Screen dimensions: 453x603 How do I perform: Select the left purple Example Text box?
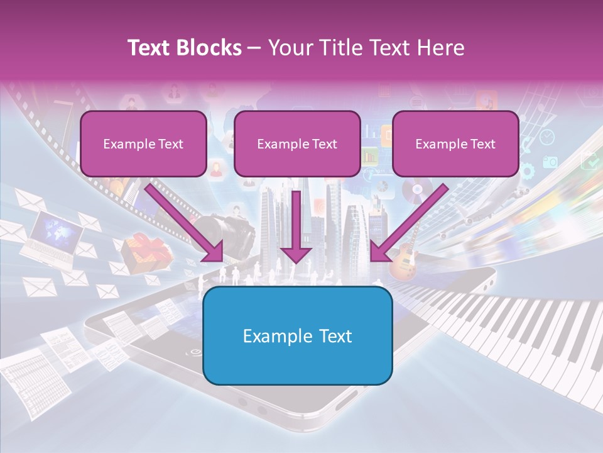(143, 144)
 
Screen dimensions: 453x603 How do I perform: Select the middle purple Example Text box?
(297, 144)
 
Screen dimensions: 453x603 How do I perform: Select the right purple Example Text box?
(455, 144)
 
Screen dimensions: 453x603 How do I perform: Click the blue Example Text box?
(298, 336)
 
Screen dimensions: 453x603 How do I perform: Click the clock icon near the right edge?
(547, 137)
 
